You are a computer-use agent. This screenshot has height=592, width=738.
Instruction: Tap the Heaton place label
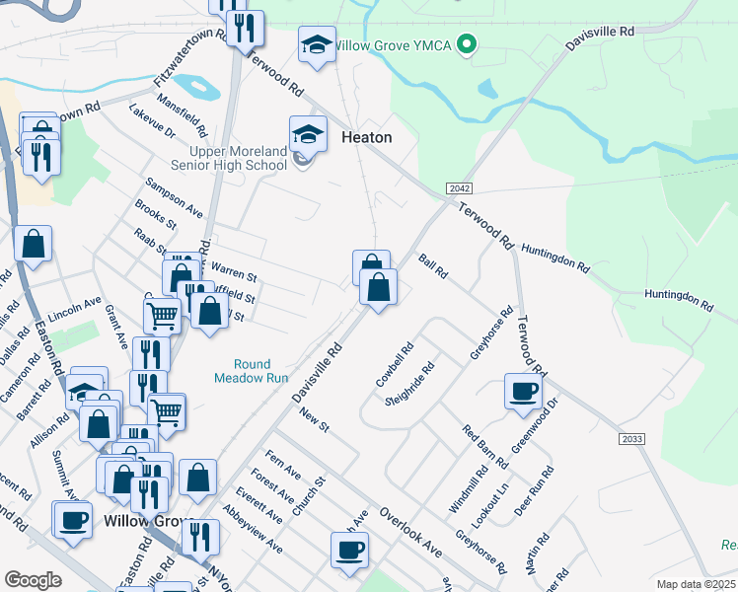coord(366,138)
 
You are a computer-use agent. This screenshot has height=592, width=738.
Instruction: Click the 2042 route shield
coord(457,188)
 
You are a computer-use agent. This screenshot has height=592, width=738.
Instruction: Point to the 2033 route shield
coord(632,437)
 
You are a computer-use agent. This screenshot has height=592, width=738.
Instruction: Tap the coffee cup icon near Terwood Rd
coord(523,391)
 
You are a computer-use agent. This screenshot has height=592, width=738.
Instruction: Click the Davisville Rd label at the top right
coord(599,39)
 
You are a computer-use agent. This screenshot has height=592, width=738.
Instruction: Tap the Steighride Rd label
coord(411,389)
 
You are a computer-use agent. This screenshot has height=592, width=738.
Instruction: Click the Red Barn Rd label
coord(485,445)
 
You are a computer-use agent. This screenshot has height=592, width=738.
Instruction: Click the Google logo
coord(33,579)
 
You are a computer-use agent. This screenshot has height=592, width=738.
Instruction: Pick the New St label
coord(314,421)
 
